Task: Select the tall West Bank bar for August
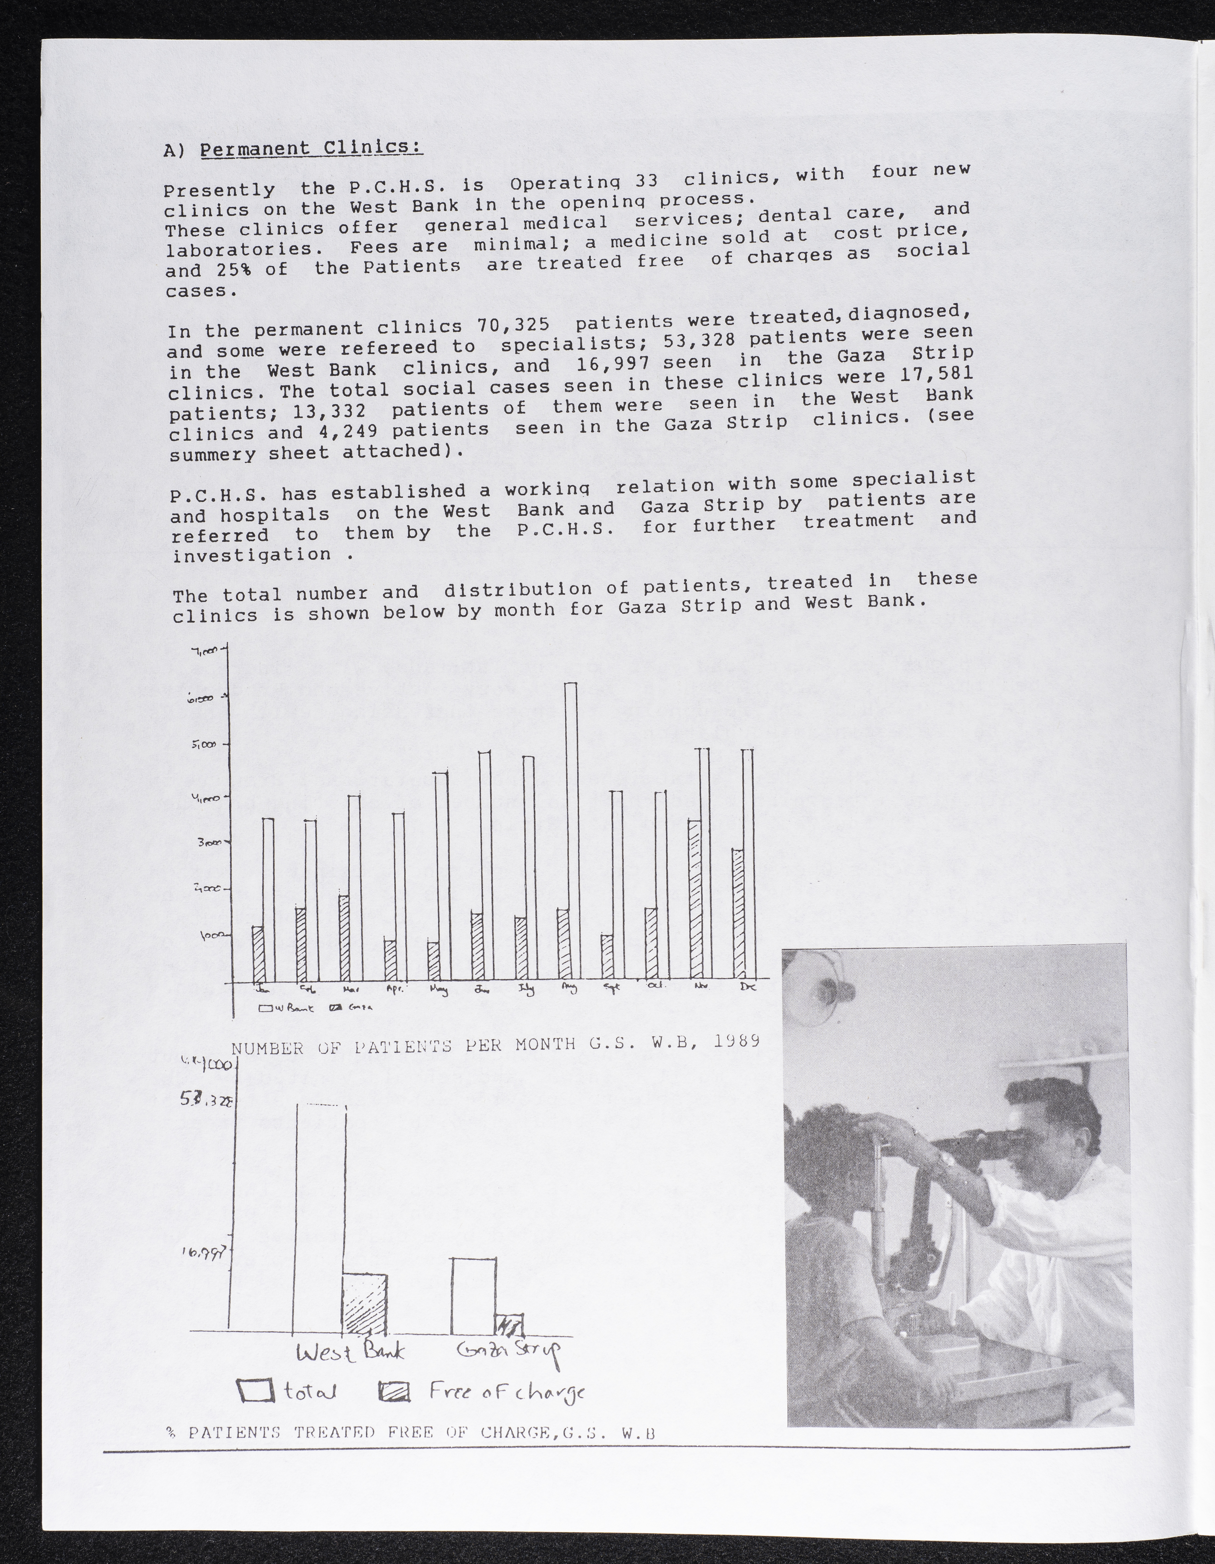coord(571,831)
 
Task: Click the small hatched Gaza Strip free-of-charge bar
coord(509,1325)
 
